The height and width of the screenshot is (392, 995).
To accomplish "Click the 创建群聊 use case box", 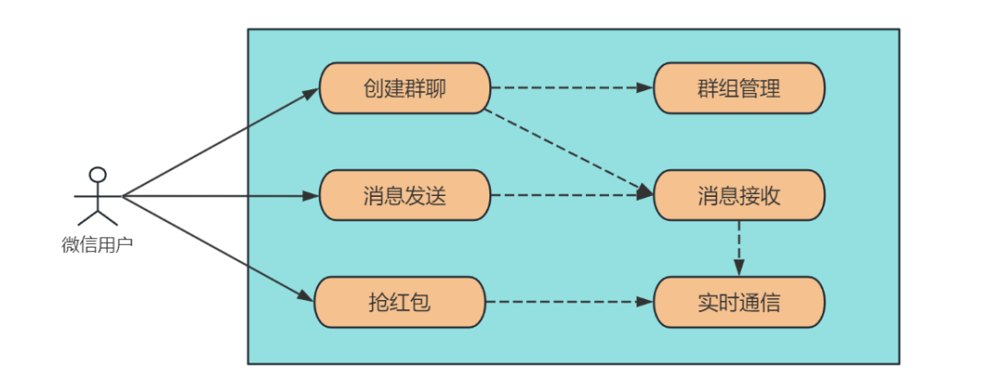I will (x=404, y=88).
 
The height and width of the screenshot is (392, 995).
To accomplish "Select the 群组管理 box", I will (x=739, y=88).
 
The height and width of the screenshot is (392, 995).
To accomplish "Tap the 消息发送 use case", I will (x=404, y=195).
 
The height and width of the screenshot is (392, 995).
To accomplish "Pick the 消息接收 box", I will (x=739, y=195).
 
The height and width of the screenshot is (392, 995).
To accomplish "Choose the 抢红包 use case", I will (x=400, y=302).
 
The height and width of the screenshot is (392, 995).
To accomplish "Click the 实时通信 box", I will (x=739, y=302).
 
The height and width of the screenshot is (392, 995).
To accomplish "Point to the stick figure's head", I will (x=97, y=174).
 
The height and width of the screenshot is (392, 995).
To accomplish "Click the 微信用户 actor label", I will (x=97, y=245).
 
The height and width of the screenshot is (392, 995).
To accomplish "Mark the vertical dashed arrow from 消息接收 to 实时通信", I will (x=739, y=244).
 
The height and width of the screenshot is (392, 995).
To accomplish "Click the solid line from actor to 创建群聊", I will (x=221, y=142).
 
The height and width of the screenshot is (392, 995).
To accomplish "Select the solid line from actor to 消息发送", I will (x=221, y=195).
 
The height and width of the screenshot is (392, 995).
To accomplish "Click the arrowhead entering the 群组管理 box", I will (x=646, y=88).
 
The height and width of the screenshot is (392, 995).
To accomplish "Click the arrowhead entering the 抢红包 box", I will (x=307, y=296).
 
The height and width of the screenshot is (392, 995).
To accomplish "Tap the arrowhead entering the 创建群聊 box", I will (x=311, y=93).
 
